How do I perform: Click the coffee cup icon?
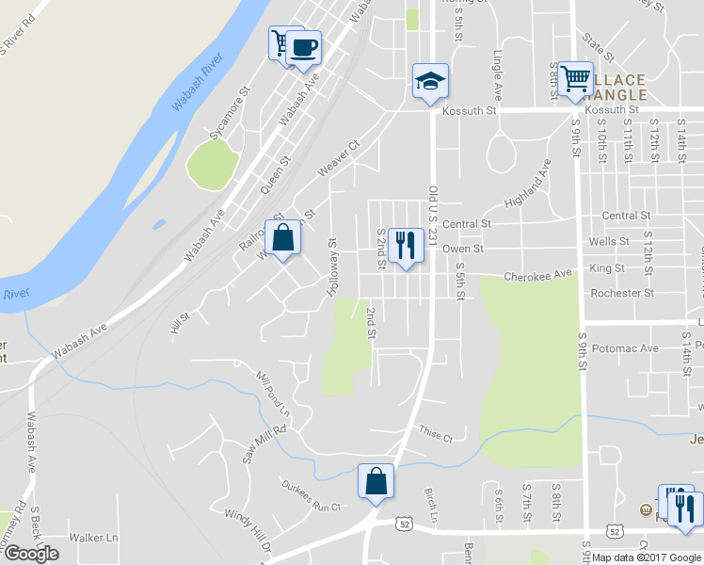tap(302, 47)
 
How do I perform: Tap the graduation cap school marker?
tap(430, 81)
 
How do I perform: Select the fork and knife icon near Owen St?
tap(406, 245)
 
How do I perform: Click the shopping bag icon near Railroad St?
tap(282, 238)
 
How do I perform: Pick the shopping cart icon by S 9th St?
tap(574, 78)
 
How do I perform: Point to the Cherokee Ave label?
tap(537, 276)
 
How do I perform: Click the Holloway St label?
tap(331, 268)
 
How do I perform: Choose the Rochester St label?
tap(621, 294)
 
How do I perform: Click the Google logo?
tap(31, 553)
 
